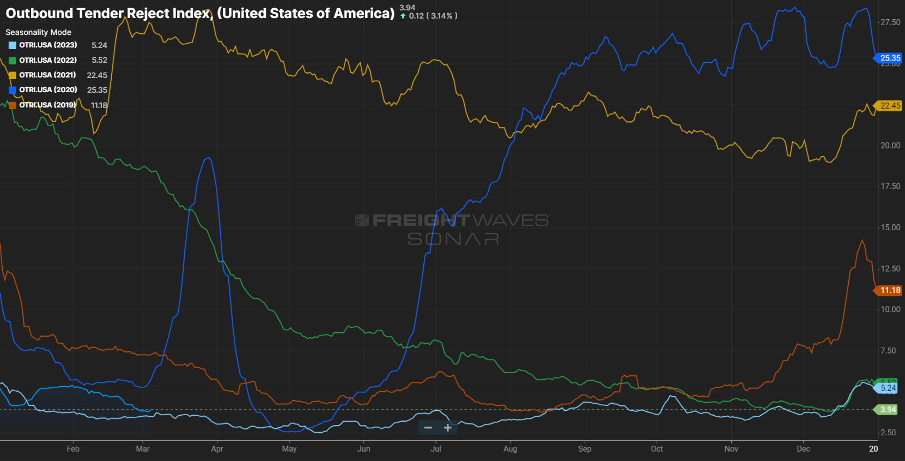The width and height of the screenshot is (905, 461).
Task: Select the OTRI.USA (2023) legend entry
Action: [48, 45]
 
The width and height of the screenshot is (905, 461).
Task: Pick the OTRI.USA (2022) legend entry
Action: [48, 60]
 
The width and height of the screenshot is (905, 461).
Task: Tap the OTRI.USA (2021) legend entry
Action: [47, 75]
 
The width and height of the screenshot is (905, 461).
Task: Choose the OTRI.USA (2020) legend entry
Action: [48, 90]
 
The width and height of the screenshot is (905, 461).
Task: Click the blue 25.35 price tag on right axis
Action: [890, 58]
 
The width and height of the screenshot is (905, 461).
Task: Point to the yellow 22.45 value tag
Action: [890, 106]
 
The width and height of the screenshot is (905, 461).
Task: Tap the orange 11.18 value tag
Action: [890, 290]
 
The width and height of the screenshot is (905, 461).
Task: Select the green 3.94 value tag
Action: [888, 410]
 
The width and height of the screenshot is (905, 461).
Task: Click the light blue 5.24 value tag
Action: [888, 388]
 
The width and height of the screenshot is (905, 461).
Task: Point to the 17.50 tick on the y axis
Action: [890, 187]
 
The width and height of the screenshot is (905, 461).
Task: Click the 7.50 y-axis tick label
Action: [888, 351]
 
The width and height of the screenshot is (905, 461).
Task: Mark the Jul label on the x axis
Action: [436, 449]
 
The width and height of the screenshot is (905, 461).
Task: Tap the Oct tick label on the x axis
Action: [657, 449]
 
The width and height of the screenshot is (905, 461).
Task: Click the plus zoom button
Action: [448, 428]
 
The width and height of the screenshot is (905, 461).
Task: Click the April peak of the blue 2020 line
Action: [208, 158]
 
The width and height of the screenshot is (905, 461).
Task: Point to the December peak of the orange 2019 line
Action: [862, 241]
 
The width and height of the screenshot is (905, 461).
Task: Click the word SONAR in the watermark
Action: [453, 239]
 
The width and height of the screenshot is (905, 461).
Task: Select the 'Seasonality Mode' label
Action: [38, 32]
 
